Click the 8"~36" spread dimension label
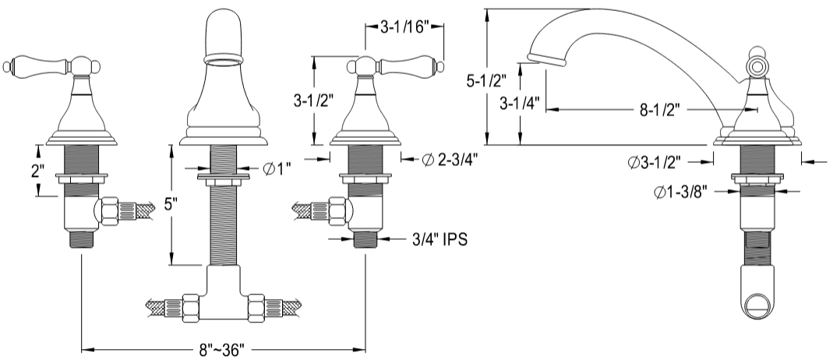224,348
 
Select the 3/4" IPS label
438,239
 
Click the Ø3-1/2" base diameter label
655,162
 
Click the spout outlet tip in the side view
545,57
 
